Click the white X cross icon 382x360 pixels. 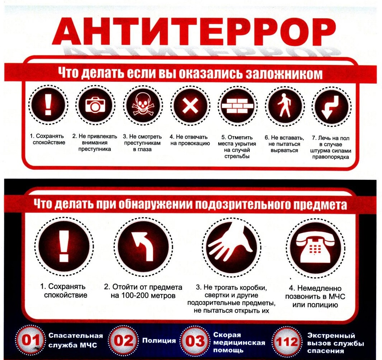(x=190, y=106)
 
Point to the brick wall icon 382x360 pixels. (x=237, y=105)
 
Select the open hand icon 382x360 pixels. (x=230, y=244)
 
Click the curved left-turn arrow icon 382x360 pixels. (x=143, y=246)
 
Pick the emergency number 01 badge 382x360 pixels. (x=30, y=340)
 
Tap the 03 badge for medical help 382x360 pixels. (x=195, y=341)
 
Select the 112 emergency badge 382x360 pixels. (x=287, y=341)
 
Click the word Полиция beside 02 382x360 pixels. (x=159, y=340)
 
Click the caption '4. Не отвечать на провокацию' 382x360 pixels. (x=190, y=140)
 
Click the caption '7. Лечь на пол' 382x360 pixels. (x=331, y=138)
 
